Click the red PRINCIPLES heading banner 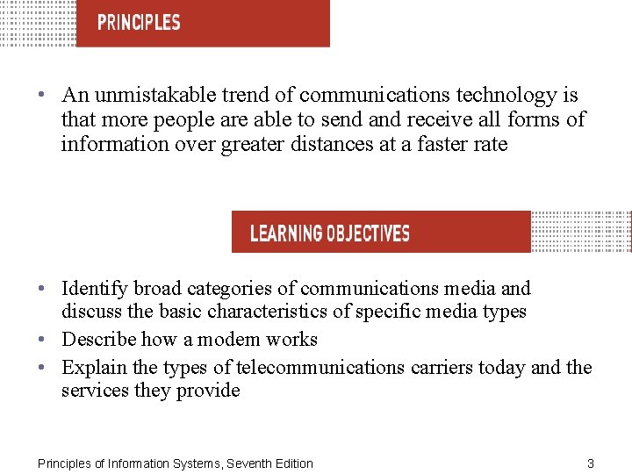pyautogui.click(x=203, y=23)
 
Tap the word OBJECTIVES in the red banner pyautogui.click(x=368, y=233)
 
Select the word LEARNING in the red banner pyautogui.click(x=286, y=233)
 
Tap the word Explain pyautogui.click(x=93, y=367)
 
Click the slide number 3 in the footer pyautogui.click(x=591, y=463)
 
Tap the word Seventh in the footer pyautogui.click(x=252, y=463)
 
